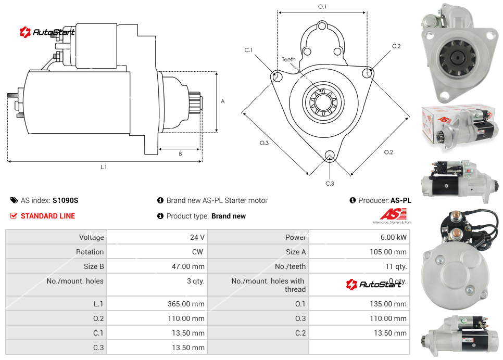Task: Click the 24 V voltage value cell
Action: [197, 237]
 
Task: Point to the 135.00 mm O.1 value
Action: [385, 304]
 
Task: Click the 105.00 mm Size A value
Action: [385, 252]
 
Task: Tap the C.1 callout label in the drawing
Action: [248, 50]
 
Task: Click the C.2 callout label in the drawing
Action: [396, 46]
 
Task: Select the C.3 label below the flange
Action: [330, 183]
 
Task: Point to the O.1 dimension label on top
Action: [322, 6]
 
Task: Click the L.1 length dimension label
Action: [104, 167]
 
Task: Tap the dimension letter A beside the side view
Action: [223, 101]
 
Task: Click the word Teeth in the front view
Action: [288, 59]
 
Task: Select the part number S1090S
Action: [65, 200]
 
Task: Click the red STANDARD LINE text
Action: [48, 216]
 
